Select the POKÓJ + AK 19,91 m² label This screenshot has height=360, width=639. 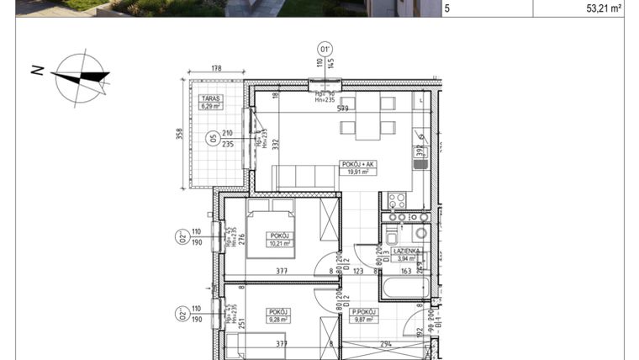pyautogui.click(x=358, y=167)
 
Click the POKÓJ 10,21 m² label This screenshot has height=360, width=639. pyautogui.click(x=277, y=240)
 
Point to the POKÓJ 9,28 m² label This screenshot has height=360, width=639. pyautogui.click(x=277, y=315)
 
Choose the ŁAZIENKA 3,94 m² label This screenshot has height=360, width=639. pyautogui.click(x=407, y=255)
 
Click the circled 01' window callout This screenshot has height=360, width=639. pyautogui.click(x=324, y=48)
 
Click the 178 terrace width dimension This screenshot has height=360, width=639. pyautogui.click(x=216, y=69)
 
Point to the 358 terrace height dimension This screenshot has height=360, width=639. pyautogui.click(x=178, y=135)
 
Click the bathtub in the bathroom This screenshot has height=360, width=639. pyautogui.click(x=404, y=289)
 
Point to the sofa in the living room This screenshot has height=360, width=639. pyautogui.click(x=304, y=177)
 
